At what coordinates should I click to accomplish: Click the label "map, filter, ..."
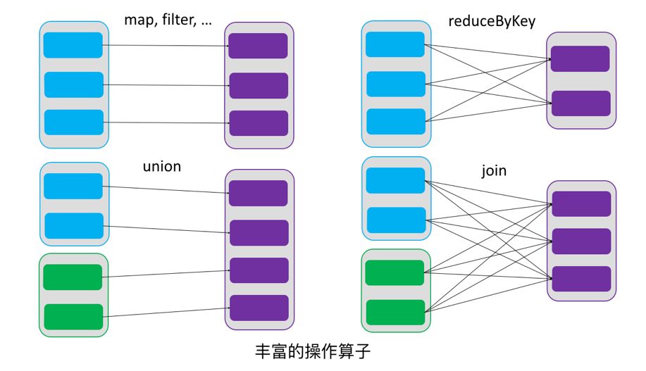point(168,20)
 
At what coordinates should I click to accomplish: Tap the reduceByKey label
point(492,21)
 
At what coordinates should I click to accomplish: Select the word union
point(162,166)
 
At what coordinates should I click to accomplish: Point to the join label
point(494,170)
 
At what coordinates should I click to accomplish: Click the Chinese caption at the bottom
point(313,351)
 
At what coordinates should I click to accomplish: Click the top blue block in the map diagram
point(73,45)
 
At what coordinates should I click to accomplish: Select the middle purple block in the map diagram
point(259,86)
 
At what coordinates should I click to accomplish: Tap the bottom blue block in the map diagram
point(74,122)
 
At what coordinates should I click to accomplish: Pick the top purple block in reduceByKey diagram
point(580,59)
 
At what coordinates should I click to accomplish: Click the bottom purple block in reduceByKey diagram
point(581,103)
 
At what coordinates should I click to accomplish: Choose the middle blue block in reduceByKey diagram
point(396,84)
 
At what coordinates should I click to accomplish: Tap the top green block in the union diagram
point(73,277)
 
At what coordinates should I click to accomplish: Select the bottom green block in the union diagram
point(73,317)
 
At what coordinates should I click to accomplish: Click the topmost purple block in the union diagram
point(259,193)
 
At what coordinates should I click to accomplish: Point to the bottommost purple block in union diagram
point(259,308)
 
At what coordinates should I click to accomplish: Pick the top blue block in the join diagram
point(395,180)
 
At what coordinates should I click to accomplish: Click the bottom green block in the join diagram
point(395,312)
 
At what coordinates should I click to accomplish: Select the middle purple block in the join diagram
point(581,241)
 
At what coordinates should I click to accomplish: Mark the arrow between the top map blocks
point(166,46)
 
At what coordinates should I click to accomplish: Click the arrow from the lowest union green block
point(166,312)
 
